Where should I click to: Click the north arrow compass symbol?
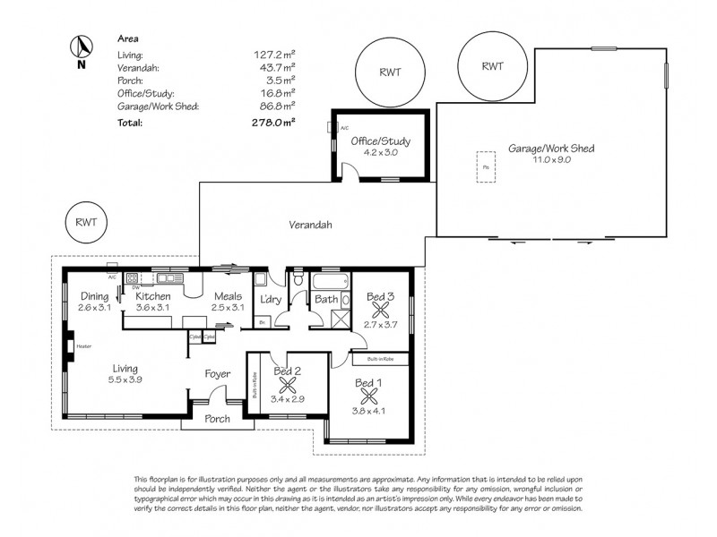tap(81, 48)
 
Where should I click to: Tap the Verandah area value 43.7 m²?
tap(277, 68)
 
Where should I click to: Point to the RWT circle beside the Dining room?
tap(87, 222)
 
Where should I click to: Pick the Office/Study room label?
tap(380, 141)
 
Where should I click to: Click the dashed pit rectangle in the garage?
tap(486, 168)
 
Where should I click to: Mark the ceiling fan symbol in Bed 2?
tap(289, 387)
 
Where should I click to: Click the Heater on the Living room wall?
tap(70, 345)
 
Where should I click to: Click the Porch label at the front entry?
tap(217, 418)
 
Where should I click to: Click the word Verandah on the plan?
tap(311, 226)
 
